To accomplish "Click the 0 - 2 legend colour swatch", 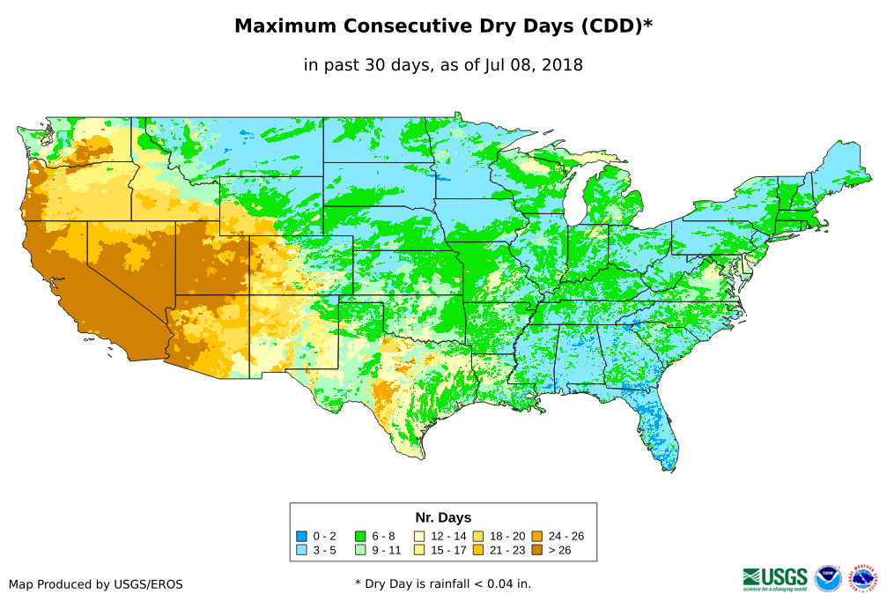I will point(302,536).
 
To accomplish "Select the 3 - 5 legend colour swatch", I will point(302,549).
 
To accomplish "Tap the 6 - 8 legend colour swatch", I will point(360,536).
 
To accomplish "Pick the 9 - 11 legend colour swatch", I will point(360,549).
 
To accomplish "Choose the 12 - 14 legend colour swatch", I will point(419,536).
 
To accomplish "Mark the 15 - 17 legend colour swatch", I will point(419,549).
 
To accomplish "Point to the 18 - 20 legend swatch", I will point(478,536).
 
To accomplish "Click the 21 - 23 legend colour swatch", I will point(478,549).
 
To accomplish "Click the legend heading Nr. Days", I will point(443,517).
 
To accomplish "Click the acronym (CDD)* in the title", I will point(615,26).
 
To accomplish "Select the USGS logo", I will point(775,578).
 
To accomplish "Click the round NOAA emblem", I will point(828,578).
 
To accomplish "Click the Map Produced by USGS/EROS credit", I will point(96,584).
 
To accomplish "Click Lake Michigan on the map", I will point(574,197).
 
